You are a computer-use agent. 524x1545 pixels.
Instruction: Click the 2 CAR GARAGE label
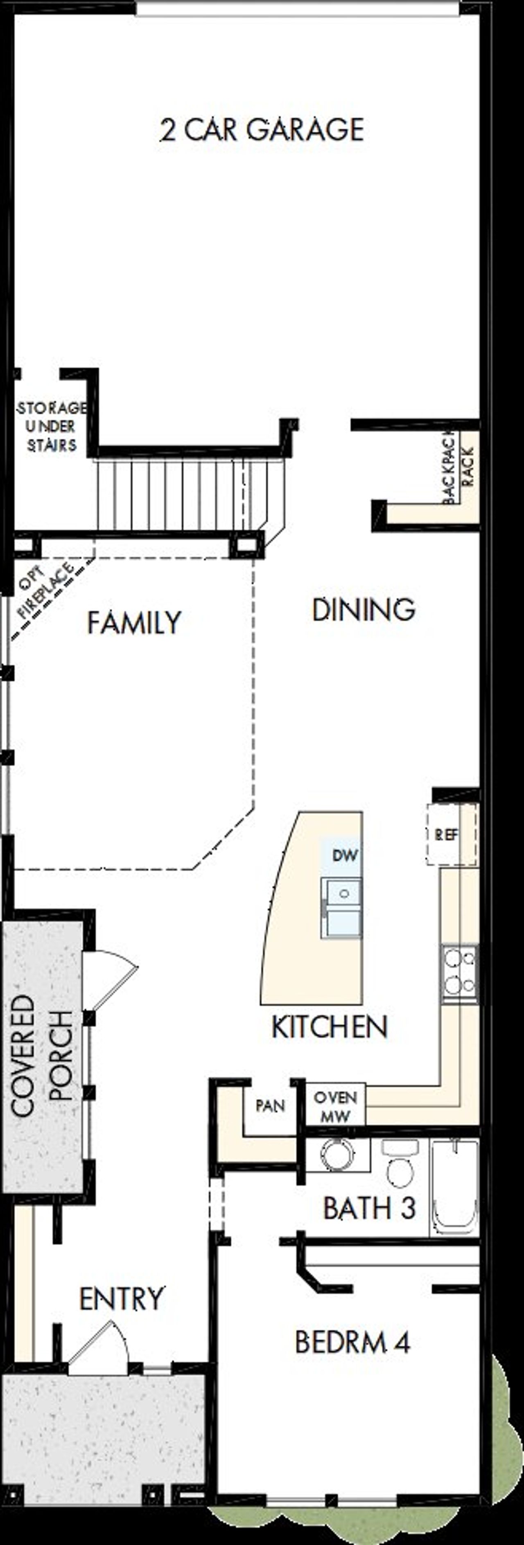262,130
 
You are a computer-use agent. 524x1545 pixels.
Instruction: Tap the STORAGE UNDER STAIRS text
51,427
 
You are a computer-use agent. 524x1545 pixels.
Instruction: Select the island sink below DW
341,907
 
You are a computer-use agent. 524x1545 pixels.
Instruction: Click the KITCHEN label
330,1027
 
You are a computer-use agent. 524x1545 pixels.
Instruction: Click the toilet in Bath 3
399,1164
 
